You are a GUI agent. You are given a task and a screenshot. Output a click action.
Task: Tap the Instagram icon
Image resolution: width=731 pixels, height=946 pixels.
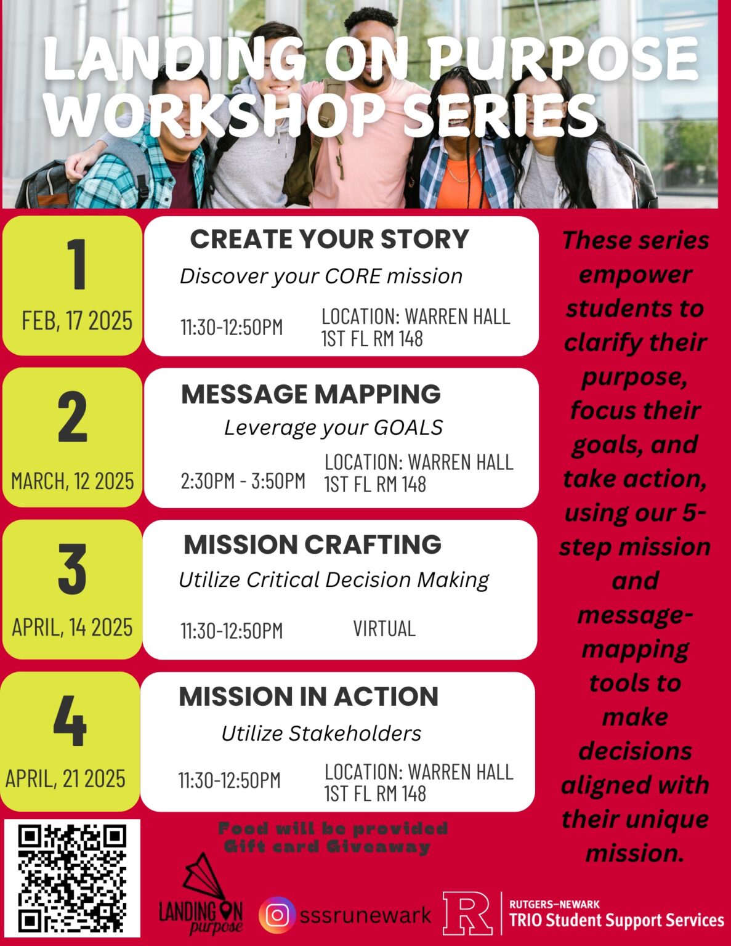(x=277, y=915)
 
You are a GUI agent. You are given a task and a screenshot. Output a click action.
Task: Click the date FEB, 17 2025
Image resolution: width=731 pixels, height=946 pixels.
(x=77, y=321)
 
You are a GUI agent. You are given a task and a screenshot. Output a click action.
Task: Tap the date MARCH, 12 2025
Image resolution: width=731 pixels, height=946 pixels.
(x=73, y=481)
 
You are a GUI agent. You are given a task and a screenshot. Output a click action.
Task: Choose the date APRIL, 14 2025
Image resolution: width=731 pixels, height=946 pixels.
(x=73, y=628)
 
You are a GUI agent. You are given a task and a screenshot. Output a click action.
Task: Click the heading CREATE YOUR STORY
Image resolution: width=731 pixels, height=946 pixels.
(x=329, y=239)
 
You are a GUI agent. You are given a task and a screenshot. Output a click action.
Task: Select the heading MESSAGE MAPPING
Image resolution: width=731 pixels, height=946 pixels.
(x=311, y=394)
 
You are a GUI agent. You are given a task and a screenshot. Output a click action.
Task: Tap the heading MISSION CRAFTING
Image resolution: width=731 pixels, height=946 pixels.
(x=312, y=544)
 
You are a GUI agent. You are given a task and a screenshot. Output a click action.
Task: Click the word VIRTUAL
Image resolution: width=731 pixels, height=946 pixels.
(x=384, y=629)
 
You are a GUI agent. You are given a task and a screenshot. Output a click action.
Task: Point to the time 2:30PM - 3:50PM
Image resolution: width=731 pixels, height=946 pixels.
(x=243, y=481)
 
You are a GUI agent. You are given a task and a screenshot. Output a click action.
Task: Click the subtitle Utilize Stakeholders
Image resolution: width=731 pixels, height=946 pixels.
(x=321, y=734)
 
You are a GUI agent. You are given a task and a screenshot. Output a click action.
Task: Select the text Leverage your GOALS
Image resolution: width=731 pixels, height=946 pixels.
(x=333, y=427)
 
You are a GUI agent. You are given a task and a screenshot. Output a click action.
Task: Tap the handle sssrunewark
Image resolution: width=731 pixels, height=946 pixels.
(x=365, y=915)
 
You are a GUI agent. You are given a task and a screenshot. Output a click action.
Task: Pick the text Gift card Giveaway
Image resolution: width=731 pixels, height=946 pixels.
(x=327, y=847)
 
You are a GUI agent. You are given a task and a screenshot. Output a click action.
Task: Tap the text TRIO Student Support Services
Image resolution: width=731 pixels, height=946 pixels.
(x=616, y=920)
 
